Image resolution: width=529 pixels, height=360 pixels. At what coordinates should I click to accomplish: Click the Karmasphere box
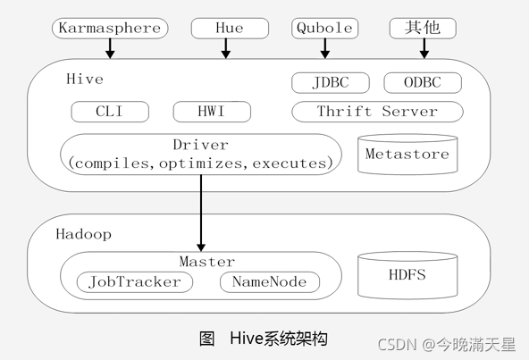tap(110, 29)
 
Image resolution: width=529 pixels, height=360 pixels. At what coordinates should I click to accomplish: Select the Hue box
tap(230, 29)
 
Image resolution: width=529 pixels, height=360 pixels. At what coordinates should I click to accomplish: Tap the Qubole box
tap(325, 29)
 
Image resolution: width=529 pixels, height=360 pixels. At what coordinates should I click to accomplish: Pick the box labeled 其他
tap(423, 29)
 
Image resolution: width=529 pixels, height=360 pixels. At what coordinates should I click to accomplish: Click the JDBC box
tap(331, 83)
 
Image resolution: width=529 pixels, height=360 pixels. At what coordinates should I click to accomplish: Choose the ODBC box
tap(423, 83)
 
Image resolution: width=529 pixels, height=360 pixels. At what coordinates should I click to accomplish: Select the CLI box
tap(110, 112)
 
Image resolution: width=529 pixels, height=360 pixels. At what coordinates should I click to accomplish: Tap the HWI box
tap(212, 112)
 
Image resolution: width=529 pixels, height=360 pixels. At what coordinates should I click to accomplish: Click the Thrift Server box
tap(377, 112)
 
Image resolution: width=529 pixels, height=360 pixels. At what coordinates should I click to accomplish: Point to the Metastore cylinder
tap(407, 155)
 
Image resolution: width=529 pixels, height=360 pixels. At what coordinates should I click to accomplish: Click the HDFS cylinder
tap(407, 275)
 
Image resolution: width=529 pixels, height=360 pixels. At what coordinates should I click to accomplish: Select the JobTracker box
tap(135, 282)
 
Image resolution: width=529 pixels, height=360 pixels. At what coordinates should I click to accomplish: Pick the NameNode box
tap(270, 282)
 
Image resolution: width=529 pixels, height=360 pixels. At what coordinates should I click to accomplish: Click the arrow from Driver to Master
tap(201, 213)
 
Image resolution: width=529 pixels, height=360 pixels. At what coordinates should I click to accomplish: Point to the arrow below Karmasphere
tap(110, 48)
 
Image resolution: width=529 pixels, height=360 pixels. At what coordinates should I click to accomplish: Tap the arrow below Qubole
tap(325, 48)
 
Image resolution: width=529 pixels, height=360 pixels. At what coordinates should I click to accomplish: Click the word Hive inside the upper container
tap(85, 80)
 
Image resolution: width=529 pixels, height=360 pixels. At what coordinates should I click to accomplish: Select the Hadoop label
tap(84, 234)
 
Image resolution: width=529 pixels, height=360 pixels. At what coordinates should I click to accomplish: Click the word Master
tap(206, 262)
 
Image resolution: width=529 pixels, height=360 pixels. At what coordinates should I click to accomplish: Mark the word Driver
tap(201, 145)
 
